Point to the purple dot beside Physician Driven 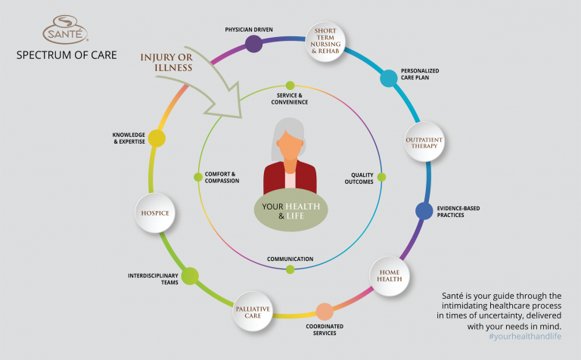pos(254,44)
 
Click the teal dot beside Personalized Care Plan pos(388,78)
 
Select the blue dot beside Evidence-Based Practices pos(425,212)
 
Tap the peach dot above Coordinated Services pos(324,311)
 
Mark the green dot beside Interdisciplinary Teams pos(190,276)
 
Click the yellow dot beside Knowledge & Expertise pos(157,138)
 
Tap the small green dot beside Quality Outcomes pos(381,177)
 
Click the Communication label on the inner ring pos(290,259)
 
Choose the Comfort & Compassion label pos(222,178)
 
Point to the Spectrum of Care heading pos(67,55)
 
